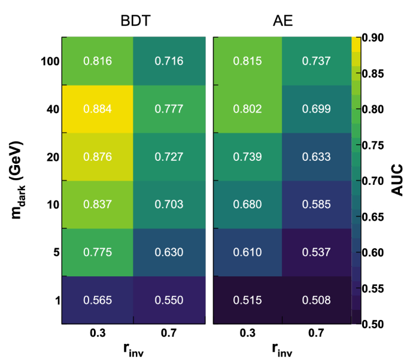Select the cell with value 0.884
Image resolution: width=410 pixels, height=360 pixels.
pos(97,109)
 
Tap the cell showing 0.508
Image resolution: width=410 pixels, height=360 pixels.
pos(317,300)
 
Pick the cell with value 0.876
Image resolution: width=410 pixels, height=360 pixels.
pos(97,157)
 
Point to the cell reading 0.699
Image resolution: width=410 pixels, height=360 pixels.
pos(317,109)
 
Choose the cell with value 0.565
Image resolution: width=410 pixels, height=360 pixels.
pos(97,300)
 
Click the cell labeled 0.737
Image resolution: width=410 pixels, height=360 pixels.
pos(317,61)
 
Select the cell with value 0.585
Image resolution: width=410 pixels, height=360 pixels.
pos(317,205)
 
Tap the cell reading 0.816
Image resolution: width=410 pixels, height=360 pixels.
pos(97,61)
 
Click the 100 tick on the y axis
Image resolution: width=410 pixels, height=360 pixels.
pos(50,61)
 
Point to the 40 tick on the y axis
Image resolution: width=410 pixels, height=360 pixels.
pos(53,109)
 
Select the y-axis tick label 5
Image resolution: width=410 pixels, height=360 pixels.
pos(56,252)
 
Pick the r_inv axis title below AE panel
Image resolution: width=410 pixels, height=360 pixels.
pos(282,350)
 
